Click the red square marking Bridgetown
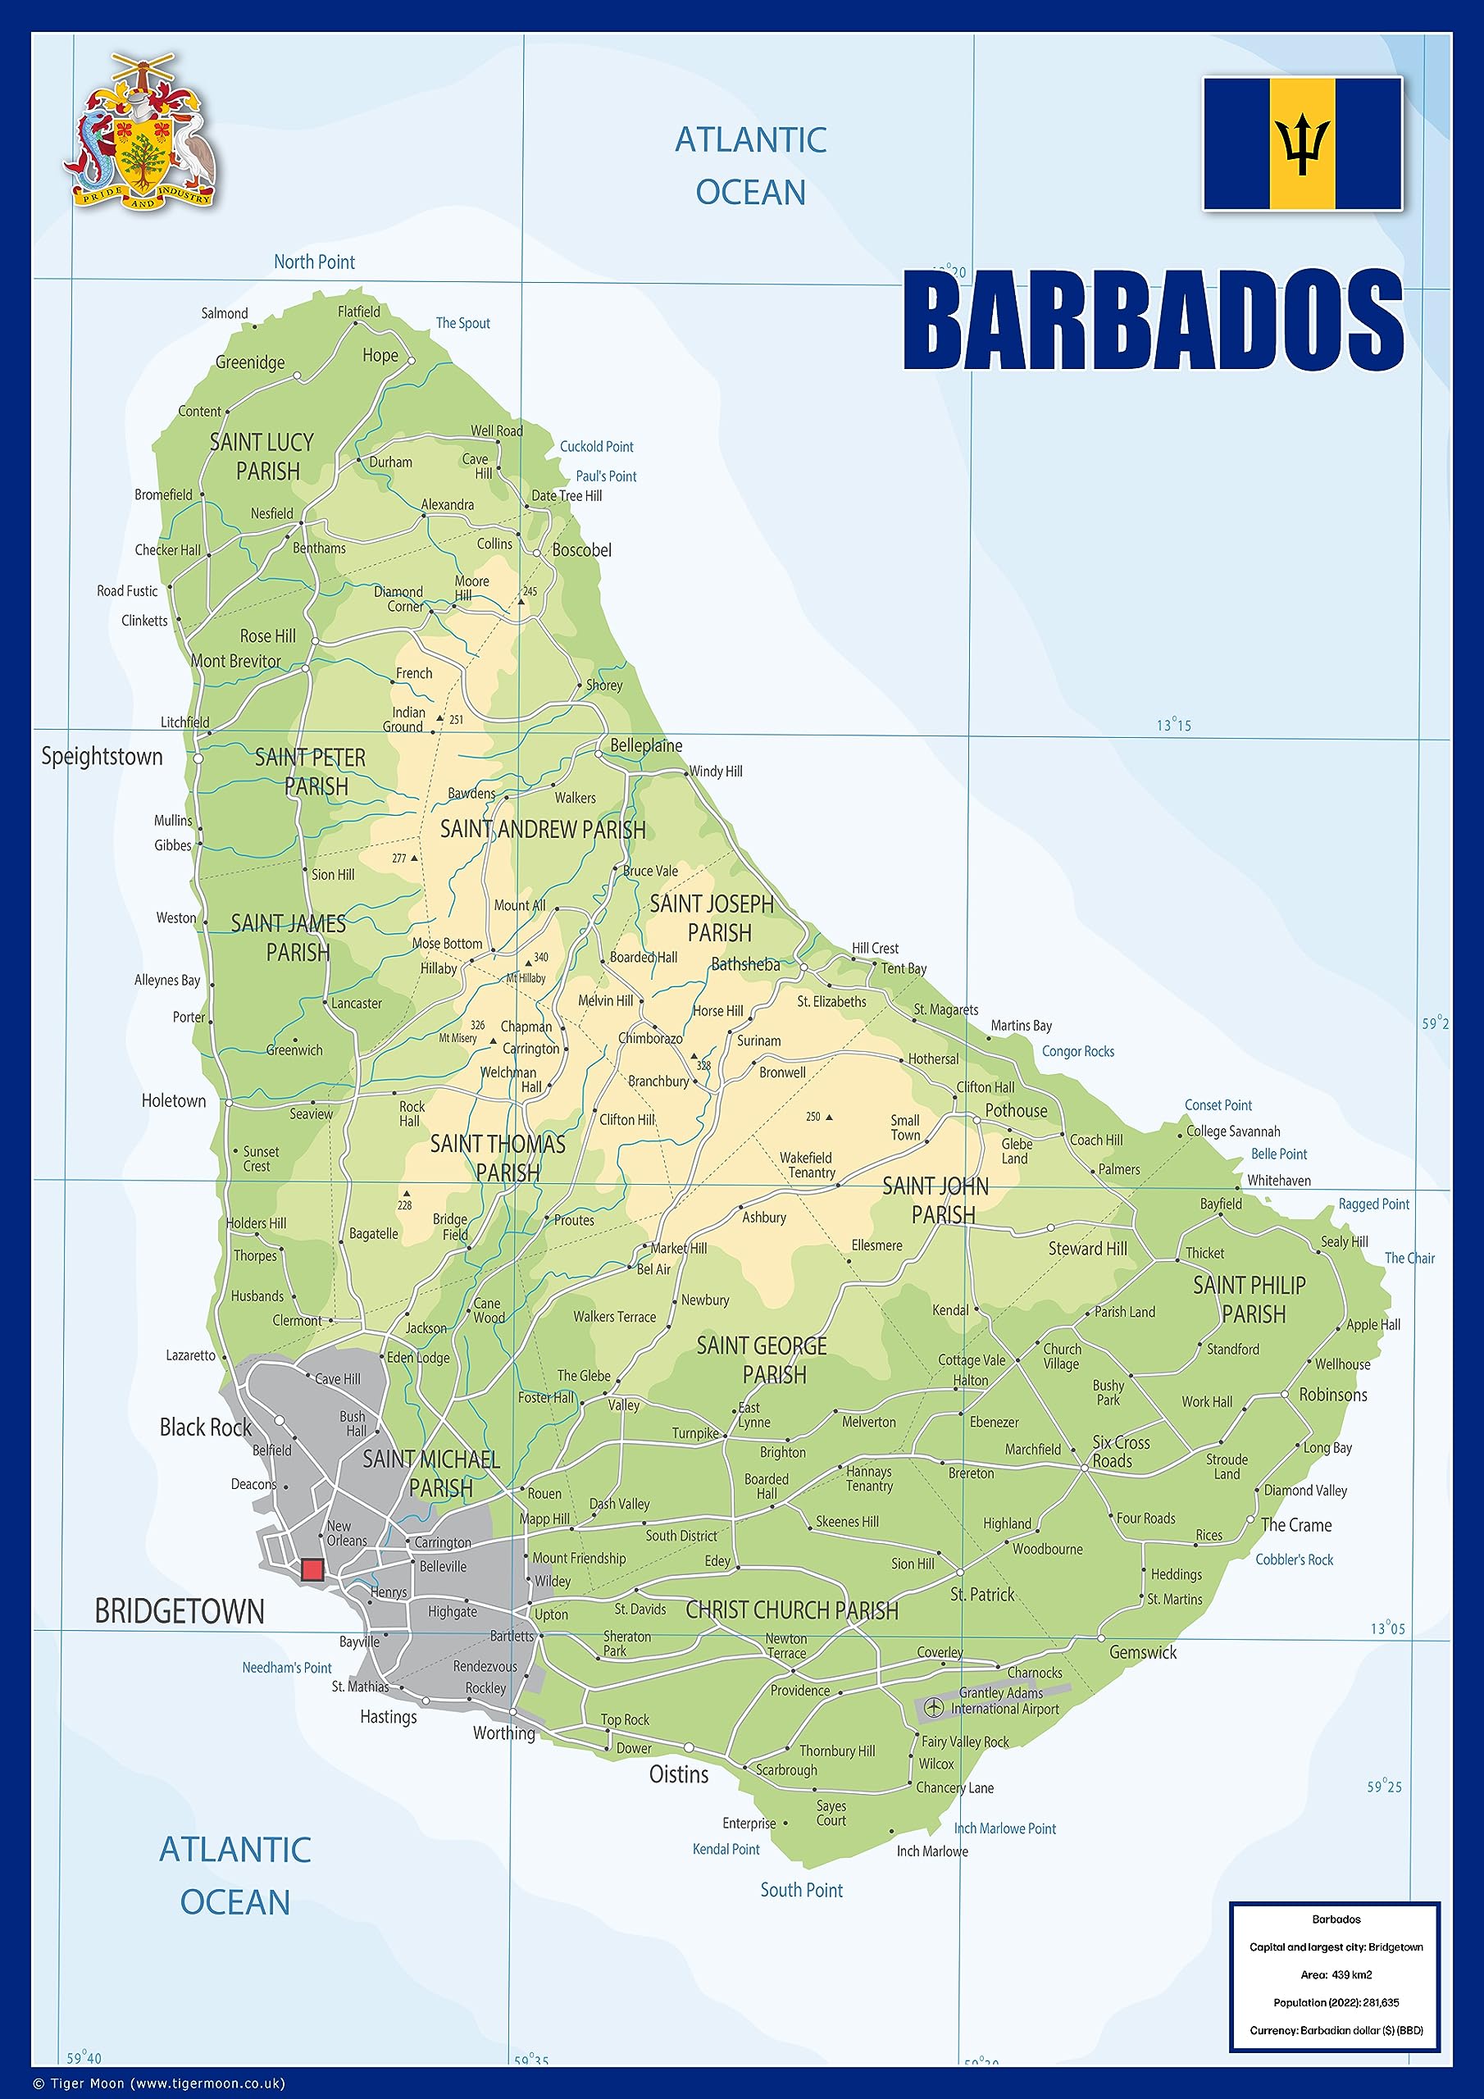click(312, 1569)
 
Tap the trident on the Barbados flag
click(1302, 144)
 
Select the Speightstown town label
click(102, 757)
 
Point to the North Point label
click(314, 262)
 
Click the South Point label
click(801, 1890)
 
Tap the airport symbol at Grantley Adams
click(933, 1707)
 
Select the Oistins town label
click(678, 1774)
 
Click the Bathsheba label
click(745, 964)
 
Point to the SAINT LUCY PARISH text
click(262, 456)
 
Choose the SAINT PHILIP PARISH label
click(1250, 1299)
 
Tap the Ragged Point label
click(1373, 1204)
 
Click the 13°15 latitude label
click(1173, 725)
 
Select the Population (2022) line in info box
click(1336, 2002)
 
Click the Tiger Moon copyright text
click(160, 2083)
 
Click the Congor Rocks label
click(1077, 1051)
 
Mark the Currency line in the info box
click(1336, 2030)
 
